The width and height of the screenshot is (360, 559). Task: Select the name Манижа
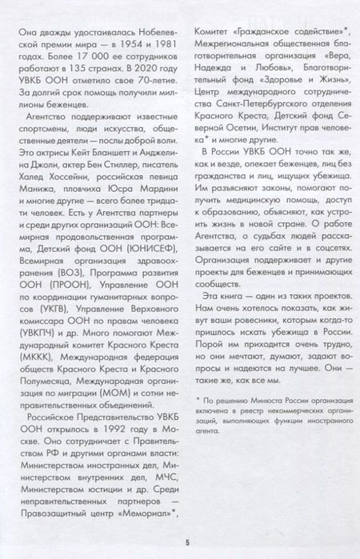[x=41, y=192]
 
